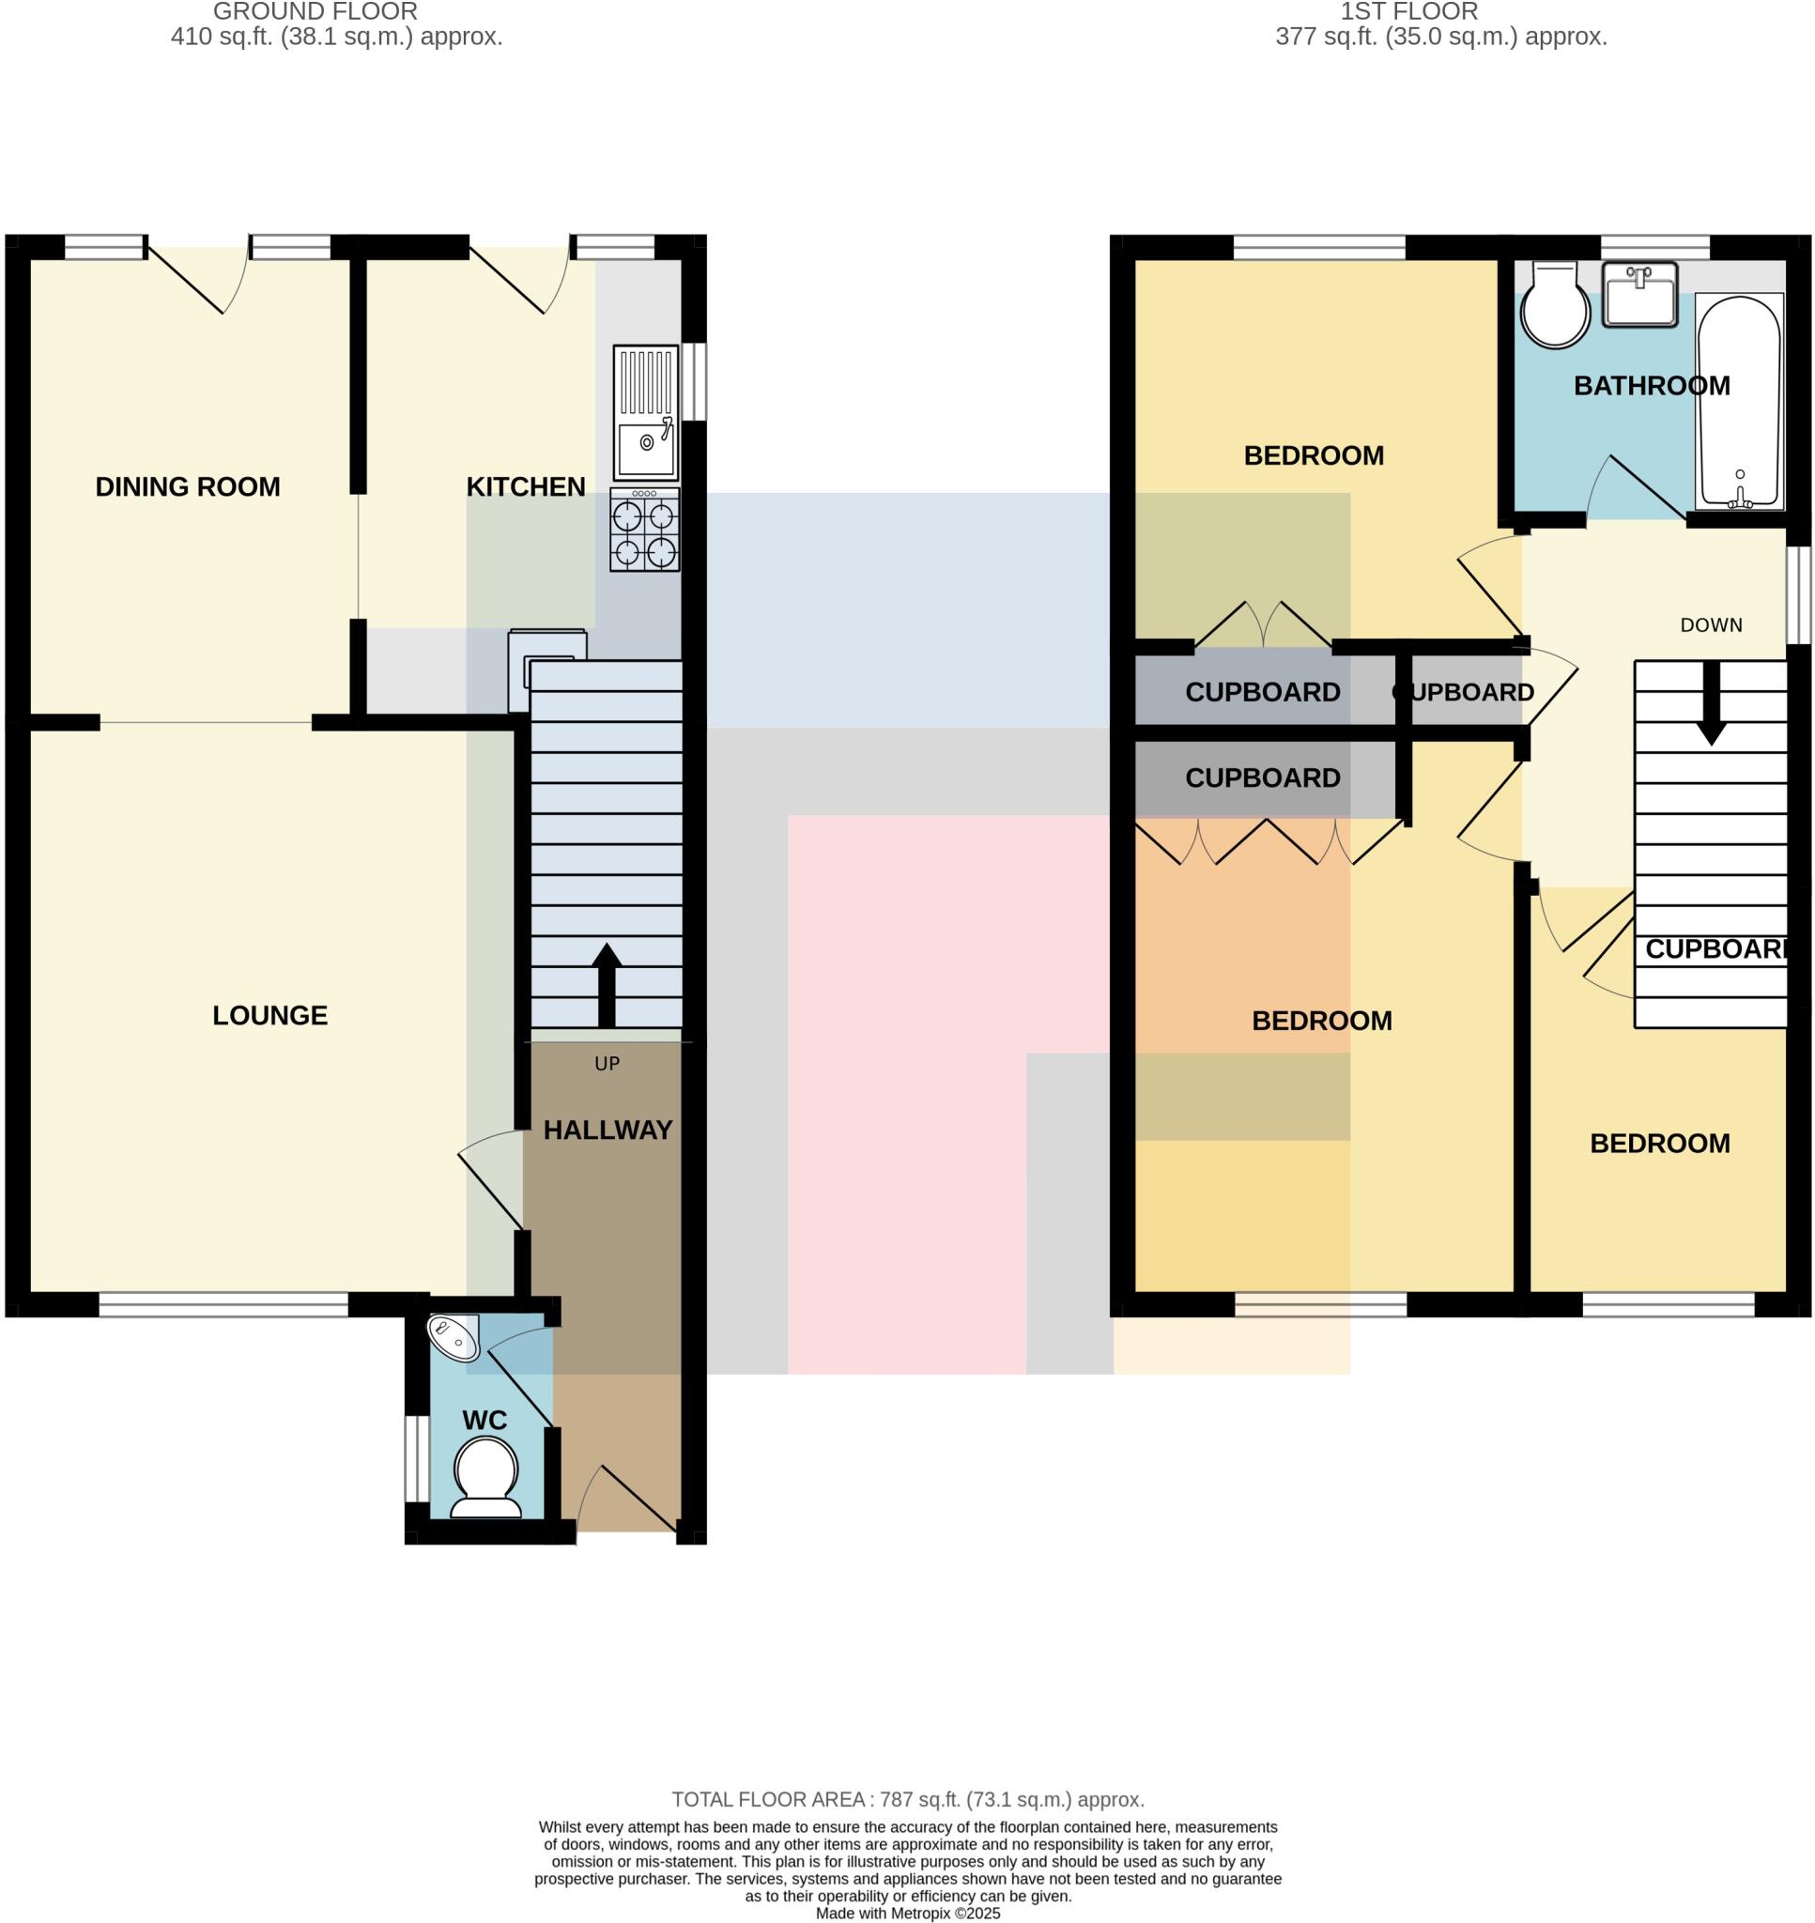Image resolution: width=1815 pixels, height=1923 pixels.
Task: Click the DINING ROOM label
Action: (x=188, y=486)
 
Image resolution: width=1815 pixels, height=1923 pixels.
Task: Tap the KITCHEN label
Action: (x=525, y=486)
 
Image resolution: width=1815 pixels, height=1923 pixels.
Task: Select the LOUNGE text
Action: (x=269, y=1015)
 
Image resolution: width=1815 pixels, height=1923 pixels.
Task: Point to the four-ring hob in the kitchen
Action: (x=644, y=531)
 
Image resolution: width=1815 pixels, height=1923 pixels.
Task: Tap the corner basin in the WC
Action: (x=453, y=1338)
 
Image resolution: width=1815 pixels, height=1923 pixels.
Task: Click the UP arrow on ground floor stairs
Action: (x=607, y=985)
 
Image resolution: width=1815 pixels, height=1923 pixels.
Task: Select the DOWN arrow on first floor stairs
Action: (x=1711, y=704)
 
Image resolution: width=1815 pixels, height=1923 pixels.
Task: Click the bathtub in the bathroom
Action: (x=1739, y=402)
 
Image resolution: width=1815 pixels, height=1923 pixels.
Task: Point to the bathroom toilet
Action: (x=1555, y=305)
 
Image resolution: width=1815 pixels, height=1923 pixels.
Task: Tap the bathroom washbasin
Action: (x=1638, y=294)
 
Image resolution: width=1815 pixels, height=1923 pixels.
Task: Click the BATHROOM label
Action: (x=1652, y=386)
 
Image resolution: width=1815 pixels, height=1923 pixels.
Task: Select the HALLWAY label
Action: (x=608, y=1130)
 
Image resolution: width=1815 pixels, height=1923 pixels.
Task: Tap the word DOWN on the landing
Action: (x=1711, y=624)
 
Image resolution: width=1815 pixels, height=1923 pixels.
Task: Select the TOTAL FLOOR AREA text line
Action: (x=907, y=1800)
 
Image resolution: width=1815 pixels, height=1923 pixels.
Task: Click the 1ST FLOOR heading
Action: (x=1408, y=12)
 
